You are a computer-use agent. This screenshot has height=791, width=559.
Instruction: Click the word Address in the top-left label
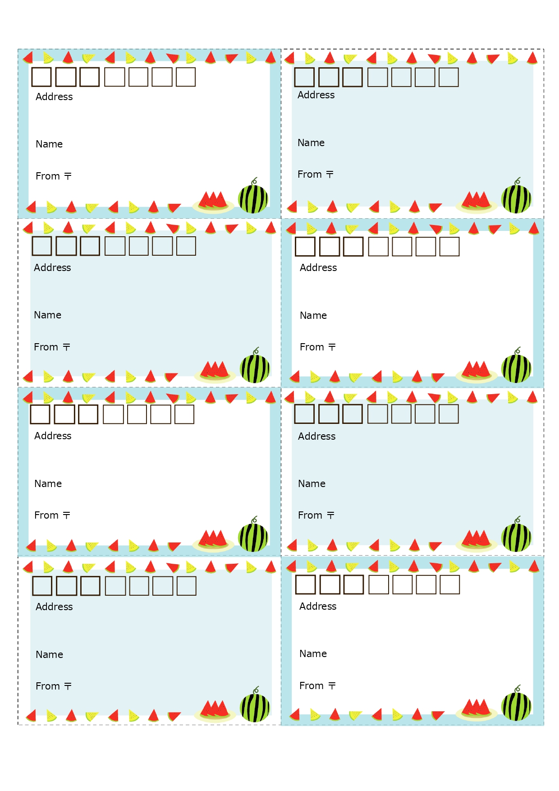tap(54, 97)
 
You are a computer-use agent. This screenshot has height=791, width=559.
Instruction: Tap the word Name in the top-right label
tap(311, 143)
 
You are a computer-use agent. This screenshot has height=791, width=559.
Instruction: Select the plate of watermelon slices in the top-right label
tap(476, 202)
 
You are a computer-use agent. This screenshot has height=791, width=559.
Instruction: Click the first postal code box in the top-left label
tap(41, 77)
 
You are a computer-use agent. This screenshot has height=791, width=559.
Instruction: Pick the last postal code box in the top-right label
tap(449, 77)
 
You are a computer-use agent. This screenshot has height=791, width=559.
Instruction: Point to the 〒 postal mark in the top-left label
tap(68, 176)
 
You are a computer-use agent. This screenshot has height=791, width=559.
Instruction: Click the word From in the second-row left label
tap(46, 347)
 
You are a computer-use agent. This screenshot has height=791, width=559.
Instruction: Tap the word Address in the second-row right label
tap(318, 267)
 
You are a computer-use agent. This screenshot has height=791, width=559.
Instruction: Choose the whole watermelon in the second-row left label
tap(255, 368)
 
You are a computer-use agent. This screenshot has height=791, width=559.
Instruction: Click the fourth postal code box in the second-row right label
tap(378, 247)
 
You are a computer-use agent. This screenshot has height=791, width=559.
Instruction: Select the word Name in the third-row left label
tap(48, 483)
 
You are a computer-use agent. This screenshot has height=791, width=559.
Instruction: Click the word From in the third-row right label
tap(310, 515)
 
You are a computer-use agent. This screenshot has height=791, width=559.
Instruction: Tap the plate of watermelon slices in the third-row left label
tap(213, 540)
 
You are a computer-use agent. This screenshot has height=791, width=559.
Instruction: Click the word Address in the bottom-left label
tap(54, 607)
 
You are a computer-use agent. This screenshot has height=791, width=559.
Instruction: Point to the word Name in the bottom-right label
tap(313, 653)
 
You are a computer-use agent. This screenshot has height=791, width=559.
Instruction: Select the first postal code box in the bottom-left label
tap(42, 586)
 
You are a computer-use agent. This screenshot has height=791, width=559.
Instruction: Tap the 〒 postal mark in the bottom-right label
tap(332, 685)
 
